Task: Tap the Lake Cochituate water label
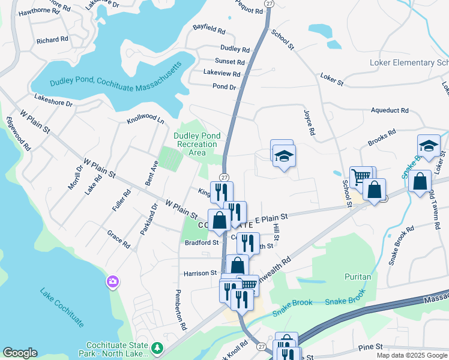62,308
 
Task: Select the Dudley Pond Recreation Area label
195,144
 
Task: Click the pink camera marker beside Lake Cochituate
112,281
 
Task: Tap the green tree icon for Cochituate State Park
157,347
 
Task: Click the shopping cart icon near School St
360,176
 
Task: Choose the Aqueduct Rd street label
390,111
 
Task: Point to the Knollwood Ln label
145,119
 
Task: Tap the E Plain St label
274,217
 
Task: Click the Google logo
20,353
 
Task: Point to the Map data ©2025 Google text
411,355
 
